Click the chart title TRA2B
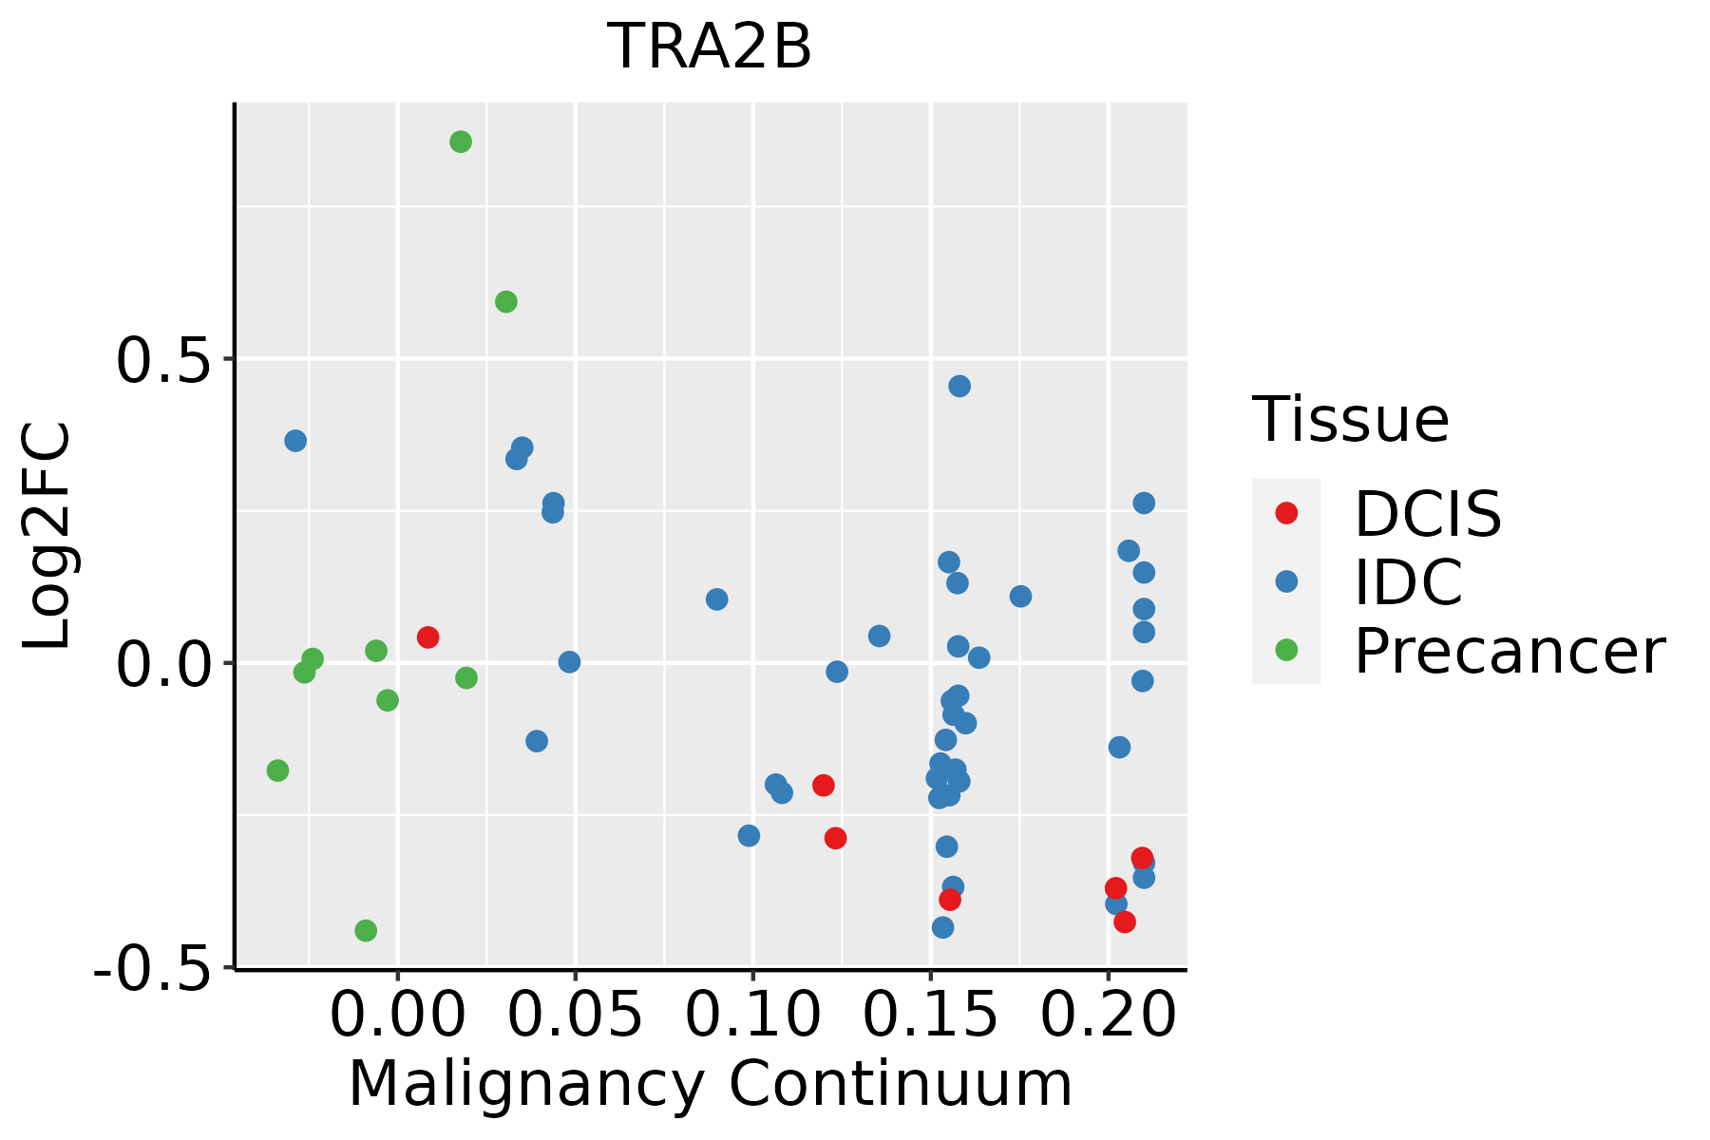(710, 47)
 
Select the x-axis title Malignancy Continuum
(711, 1085)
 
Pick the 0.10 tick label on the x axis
(752, 1016)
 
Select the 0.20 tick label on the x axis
(1108, 1016)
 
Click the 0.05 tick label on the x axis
(575, 1016)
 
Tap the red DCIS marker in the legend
(1286, 513)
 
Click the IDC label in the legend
(1408, 581)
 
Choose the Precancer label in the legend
(1510, 651)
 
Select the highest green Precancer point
(461, 142)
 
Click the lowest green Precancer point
(366, 930)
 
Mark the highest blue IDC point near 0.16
(959, 386)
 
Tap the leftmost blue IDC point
(295, 441)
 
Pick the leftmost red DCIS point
(427, 636)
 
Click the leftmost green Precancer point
(277, 770)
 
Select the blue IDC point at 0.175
(1020, 597)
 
